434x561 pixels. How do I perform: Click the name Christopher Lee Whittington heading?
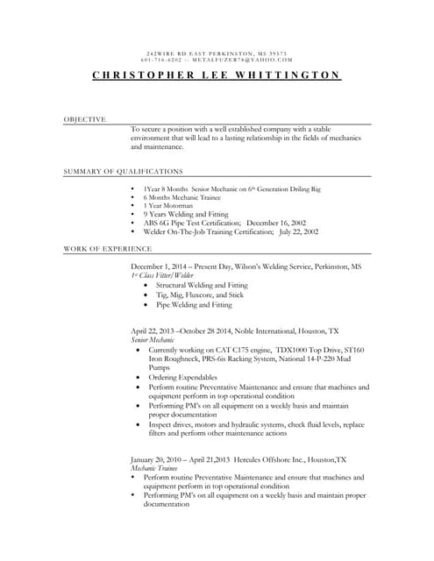coord(217,75)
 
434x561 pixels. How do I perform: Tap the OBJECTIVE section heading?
coord(85,118)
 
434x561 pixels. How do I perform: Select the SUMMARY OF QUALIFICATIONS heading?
coord(124,171)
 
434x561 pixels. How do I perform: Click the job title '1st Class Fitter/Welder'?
coord(162,275)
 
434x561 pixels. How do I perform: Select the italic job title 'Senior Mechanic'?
coord(151,338)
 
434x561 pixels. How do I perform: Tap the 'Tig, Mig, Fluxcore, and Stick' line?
coord(199,295)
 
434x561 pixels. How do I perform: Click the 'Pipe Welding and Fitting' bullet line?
coord(194,305)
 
